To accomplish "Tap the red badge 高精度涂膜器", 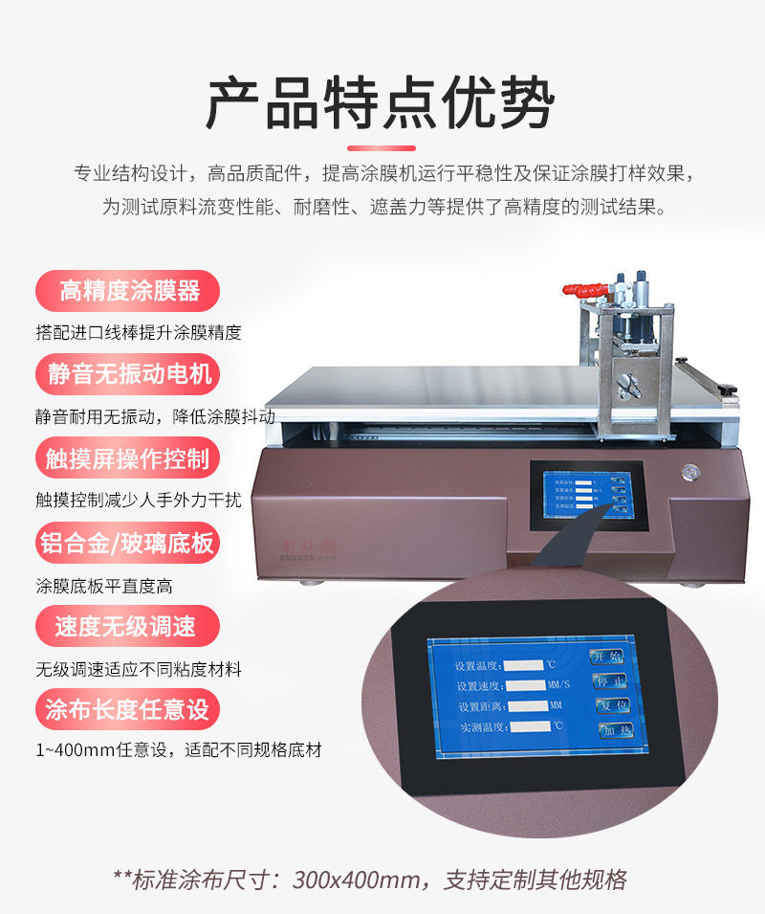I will (x=128, y=290).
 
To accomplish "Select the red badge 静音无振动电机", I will (x=128, y=373).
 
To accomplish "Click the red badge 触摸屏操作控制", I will (x=128, y=457).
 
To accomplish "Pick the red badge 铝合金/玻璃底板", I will (x=128, y=543).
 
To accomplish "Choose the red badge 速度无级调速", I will (x=128, y=627).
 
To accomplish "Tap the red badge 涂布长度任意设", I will (x=128, y=709).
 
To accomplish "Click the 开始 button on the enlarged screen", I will (x=606, y=657).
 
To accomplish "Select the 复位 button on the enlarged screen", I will (x=614, y=705).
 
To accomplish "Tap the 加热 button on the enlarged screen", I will (x=618, y=730).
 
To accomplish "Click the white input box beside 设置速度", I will (x=531, y=685).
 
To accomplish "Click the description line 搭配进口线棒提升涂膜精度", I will (x=139, y=333).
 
